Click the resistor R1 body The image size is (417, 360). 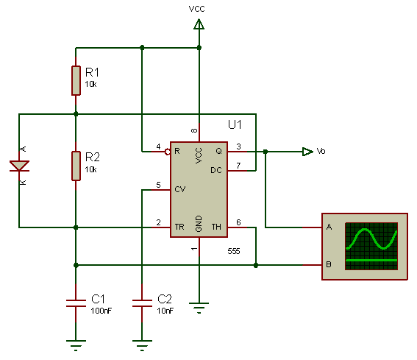pyautogui.click(x=76, y=80)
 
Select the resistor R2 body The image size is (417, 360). pyautogui.click(x=76, y=166)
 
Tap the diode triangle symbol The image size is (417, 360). pyautogui.click(x=19, y=166)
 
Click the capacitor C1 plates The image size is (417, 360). pyautogui.click(x=76, y=303)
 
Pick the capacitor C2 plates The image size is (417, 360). pyautogui.click(x=142, y=303)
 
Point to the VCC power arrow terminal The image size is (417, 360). pyautogui.click(x=199, y=24)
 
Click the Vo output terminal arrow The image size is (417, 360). pyautogui.click(x=307, y=152)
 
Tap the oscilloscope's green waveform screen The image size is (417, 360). pyautogui.click(x=371, y=247)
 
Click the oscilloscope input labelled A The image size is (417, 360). pyautogui.click(x=329, y=227)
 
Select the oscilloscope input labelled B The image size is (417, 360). pyautogui.click(x=329, y=264)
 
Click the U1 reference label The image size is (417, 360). pyautogui.click(x=235, y=124)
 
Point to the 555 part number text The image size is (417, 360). pyautogui.click(x=234, y=251)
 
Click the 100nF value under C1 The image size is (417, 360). pyautogui.click(x=101, y=311)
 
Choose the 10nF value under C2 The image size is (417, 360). pyautogui.click(x=165, y=311)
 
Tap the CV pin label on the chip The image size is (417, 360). pyautogui.click(x=179, y=189)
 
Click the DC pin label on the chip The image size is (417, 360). pyautogui.click(x=216, y=170)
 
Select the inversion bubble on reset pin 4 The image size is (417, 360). pyautogui.click(x=168, y=152)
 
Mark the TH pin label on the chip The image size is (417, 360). pyautogui.click(x=216, y=227)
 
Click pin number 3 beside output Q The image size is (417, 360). pyautogui.click(x=238, y=147)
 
